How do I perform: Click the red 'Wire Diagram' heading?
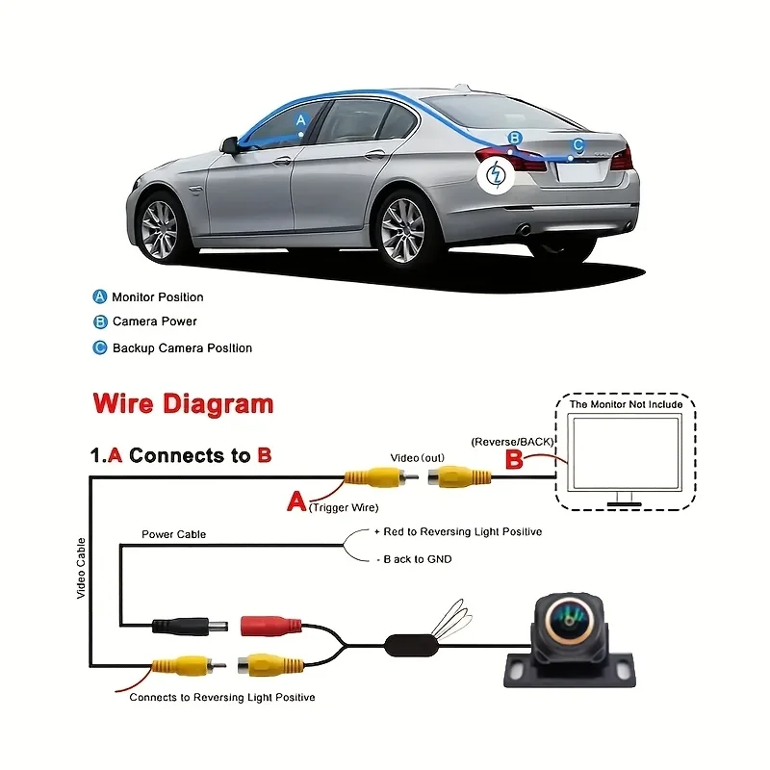[x=183, y=403]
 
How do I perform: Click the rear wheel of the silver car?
[x=403, y=230]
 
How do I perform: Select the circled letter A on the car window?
[x=301, y=119]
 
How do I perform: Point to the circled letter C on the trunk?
[x=578, y=145]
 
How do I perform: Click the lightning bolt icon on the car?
[x=496, y=174]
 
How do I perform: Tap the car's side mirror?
[x=230, y=146]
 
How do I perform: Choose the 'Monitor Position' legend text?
[x=158, y=297]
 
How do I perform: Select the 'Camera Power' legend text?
[x=155, y=321]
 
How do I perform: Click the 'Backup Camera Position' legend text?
[x=182, y=348]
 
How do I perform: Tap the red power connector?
[x=271, y=626]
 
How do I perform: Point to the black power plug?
[x=190, y=627]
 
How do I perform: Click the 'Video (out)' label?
[x=418, y=458]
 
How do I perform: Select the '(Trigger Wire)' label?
[x=344, y=508]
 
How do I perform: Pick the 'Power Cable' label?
[x=174, y=534]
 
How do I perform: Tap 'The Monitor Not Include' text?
[x=627, y=404]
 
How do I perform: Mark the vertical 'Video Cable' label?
[x=81, y=568]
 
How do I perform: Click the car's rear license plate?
[x=579, y=172]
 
